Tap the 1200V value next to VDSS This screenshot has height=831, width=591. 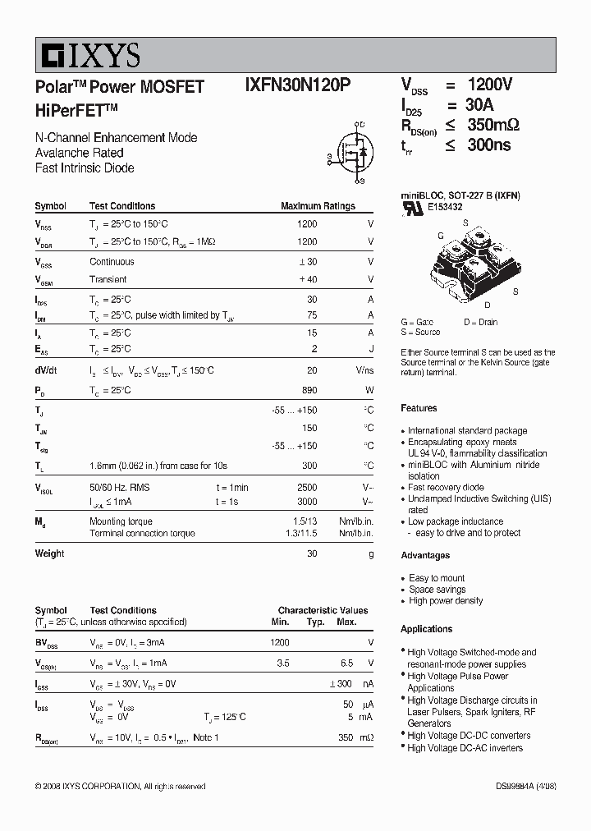pos(490,85)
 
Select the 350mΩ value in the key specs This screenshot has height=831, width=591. pos(493,125)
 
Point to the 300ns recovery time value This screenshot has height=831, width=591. pos(489,145)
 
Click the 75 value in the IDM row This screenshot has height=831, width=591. pos(311,315)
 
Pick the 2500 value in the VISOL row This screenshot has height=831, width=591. pos(306,488)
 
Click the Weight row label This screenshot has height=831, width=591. pos(49,553)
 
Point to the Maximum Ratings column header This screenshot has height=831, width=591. pos(318,206)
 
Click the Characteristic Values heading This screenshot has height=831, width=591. pos(323,611)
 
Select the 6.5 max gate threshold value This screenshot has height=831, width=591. pos(346,663)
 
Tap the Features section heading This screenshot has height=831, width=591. pos(419,408)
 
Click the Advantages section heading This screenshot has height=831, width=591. pos(425,556)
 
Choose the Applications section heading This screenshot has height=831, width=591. pos(427,629)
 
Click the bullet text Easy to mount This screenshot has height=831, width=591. pos(437,578)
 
